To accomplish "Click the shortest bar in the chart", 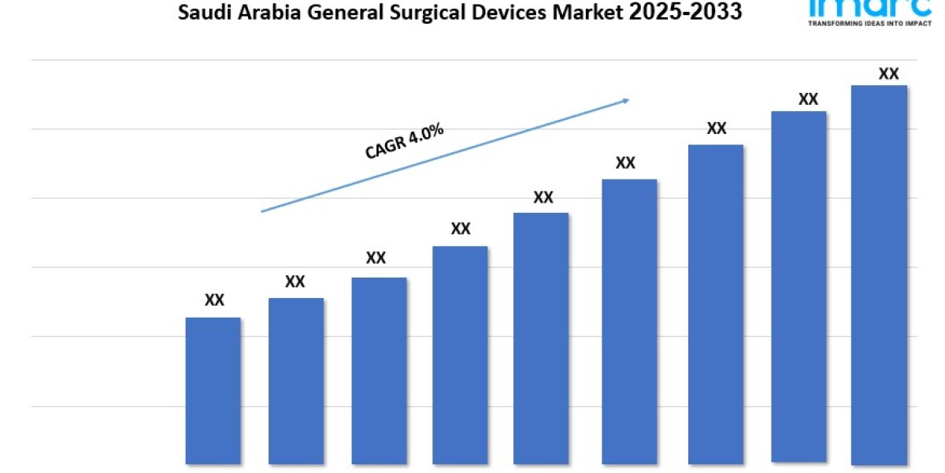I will pos(213,390).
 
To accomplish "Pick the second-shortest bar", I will pos(296,381).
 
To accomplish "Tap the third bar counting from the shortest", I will pos(379,371).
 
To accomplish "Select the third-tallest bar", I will pos(716,304).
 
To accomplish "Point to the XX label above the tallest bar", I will pos(888,74).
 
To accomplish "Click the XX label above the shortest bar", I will pos(214,300).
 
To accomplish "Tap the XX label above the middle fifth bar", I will pos(543,197).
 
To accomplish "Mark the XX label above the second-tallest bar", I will pos(808,99).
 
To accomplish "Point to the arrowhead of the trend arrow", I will pos(626,100).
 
